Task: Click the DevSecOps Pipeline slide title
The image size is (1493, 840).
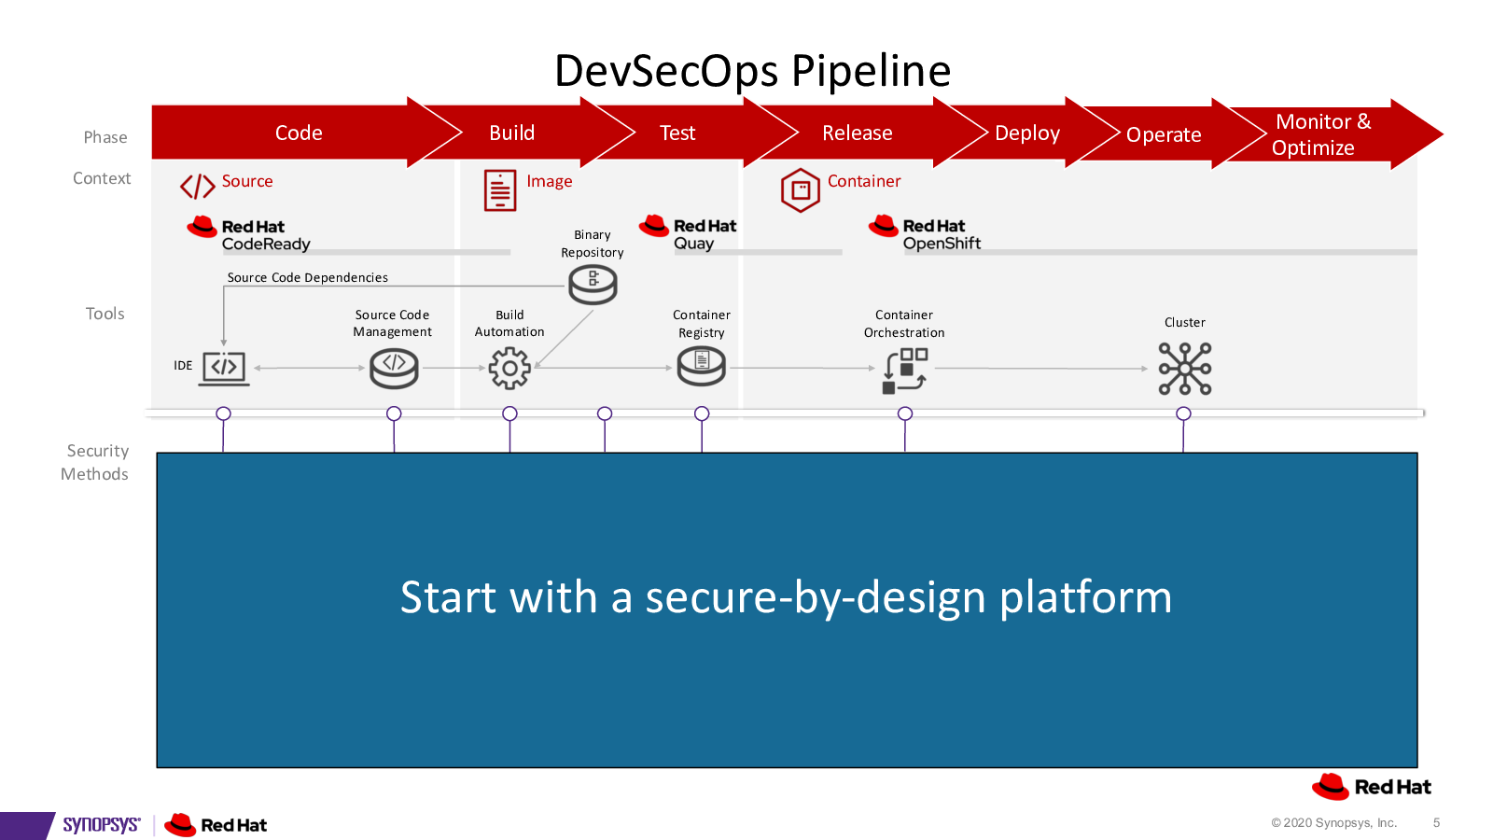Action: click(752, 71)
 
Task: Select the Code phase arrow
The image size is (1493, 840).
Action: click(300, 132)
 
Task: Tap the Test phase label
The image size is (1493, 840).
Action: click(677, 133)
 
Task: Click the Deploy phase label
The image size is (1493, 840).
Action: click(1027, 133)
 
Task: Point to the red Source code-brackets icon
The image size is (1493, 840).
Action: click(197, 187)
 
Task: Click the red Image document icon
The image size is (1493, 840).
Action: click(500, 190)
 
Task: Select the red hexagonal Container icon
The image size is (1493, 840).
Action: click(800, 190)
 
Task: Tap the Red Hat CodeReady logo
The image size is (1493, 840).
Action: click(248, 234)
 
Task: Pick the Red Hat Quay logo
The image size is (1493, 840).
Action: click(688, 232)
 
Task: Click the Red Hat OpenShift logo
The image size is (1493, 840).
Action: click(925, 233)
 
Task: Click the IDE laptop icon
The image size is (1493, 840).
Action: click(224, 369)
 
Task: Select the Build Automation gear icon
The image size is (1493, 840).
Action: click(509, 368)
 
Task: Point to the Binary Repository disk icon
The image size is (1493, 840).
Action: click(593, 285)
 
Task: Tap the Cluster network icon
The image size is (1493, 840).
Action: click(1184, 369)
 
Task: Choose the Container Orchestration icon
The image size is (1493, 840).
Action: click(904, 371)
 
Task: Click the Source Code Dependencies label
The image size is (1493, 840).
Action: click(307, 277)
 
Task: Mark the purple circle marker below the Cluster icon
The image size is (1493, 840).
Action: click(1183, 413)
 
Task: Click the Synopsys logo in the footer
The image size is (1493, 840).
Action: click(102, 825)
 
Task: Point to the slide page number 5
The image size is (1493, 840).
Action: click(1436, 823)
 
